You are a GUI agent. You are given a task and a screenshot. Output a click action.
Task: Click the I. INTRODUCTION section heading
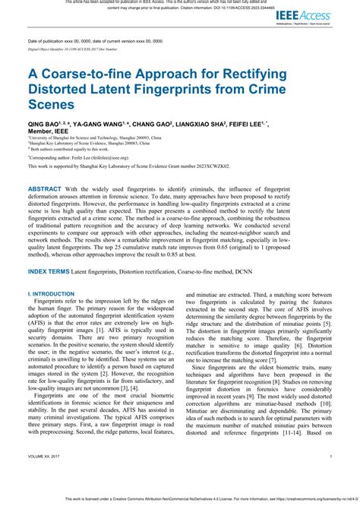coord(54,292)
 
